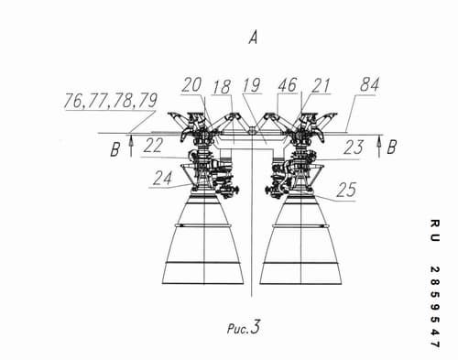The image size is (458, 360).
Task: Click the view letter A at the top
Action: (253, 38)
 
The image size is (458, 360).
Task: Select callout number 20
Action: (191, 85)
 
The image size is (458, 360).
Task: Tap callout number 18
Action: (222, 87)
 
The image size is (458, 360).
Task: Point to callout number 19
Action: (252, 85)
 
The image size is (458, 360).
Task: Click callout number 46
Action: (287, 85)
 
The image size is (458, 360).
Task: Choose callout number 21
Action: (321, 86)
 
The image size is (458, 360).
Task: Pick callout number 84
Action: (369, 84)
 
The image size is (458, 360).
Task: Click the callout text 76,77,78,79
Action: (111, 101)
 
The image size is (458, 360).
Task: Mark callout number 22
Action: (153, 146)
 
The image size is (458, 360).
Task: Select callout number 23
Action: (354, 147)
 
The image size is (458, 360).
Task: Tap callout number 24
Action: (162, 179)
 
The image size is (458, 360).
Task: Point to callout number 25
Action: (346, 190)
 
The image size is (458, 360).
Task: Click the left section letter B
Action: (115, 150)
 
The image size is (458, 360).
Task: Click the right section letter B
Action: (392, 147)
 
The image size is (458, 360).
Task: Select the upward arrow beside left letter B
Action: (131, 147)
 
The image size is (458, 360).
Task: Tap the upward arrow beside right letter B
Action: (379, 147)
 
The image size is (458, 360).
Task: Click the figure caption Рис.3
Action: (244, 327)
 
